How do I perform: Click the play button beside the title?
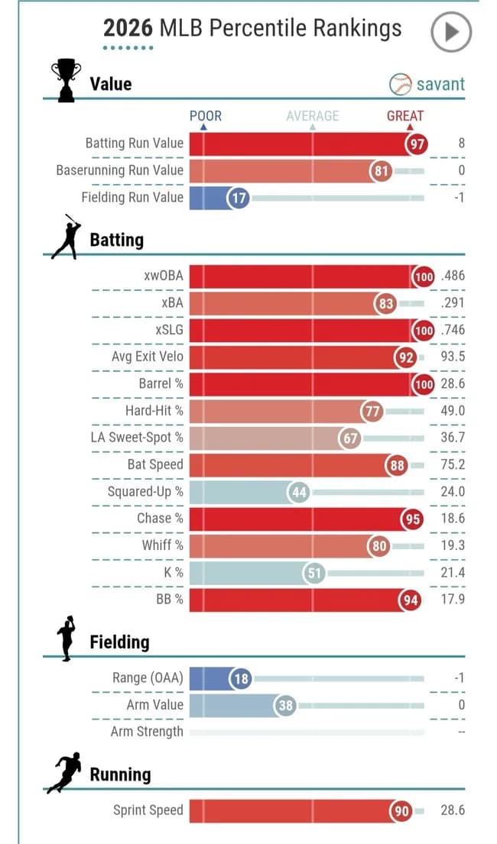click(450, 31)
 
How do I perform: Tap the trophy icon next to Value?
click(65, 80)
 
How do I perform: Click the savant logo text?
click(440, 83)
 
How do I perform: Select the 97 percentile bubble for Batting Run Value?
click(417, 144)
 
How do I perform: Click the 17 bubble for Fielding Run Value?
click(239, 198)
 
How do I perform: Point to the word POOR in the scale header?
click(206, 116)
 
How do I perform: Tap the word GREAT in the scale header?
click(405, 116)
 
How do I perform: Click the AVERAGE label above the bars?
click(312, 116)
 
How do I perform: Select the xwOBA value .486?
click(452, 276)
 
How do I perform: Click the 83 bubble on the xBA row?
click(385, 304)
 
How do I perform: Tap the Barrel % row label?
click(161, 383)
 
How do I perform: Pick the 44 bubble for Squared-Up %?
click(299, 492)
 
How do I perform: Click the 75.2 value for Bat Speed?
click(452, 464)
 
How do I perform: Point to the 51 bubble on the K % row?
click(314, 573)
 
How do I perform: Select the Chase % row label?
click(160, 518)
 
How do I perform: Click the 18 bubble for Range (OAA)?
click(241, 678)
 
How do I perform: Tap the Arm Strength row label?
click(147, 732)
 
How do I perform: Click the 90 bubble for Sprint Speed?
click(402, 811)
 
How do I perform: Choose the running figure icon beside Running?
click(64, 773)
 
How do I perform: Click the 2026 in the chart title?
click(128, 29)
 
